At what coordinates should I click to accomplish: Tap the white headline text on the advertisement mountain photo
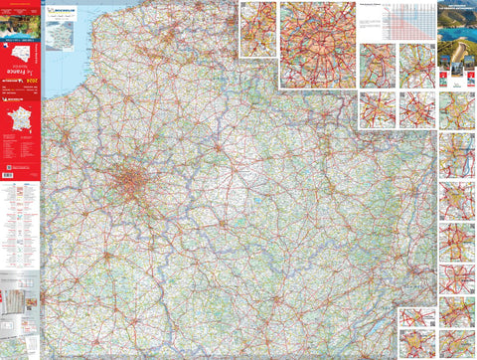pyautogui.click(x=456, y=12)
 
